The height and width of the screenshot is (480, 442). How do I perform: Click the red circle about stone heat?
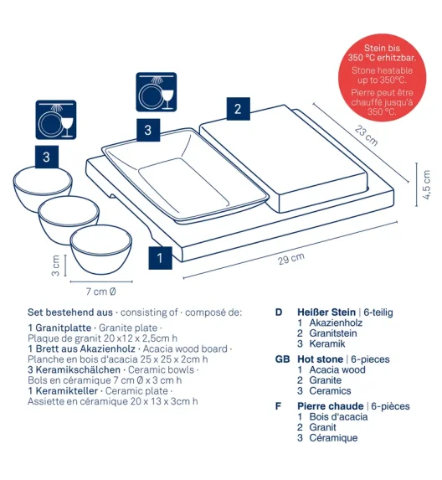(x=382, y=77)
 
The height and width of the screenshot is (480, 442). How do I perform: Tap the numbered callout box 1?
(x=160, y=258)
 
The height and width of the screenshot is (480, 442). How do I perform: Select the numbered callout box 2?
(x=239, y=109)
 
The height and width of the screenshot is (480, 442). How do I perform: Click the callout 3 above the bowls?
(x=47, y=157)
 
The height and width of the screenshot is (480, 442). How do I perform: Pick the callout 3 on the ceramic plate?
(x=148, y=130)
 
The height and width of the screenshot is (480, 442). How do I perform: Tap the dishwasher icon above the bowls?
(x=56, y=120)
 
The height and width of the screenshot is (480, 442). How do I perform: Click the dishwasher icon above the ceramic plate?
(x=157, y=92)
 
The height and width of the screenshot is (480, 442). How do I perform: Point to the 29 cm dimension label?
(x=291, y=259)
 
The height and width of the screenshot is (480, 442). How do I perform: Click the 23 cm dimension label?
(x=366, y=136)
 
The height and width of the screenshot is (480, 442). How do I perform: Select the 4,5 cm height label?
(x=427, y=184)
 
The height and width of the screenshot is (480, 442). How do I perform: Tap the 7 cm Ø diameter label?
(x=100, y=292)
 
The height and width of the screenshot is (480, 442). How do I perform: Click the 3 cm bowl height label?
(x=55, y=266)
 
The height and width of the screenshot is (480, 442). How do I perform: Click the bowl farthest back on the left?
(x=43, y=189)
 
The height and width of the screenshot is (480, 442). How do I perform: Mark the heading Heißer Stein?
(x=326, y=312)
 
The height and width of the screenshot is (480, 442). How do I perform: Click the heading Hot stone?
(x=321, y=359)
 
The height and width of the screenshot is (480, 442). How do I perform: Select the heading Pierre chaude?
(x=331, y=406)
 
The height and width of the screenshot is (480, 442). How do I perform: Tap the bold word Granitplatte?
(x=64, y=328)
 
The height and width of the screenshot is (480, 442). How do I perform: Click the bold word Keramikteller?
(x=67, y=391)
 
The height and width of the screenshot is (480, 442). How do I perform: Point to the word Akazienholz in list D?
(x=336, y=323)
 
